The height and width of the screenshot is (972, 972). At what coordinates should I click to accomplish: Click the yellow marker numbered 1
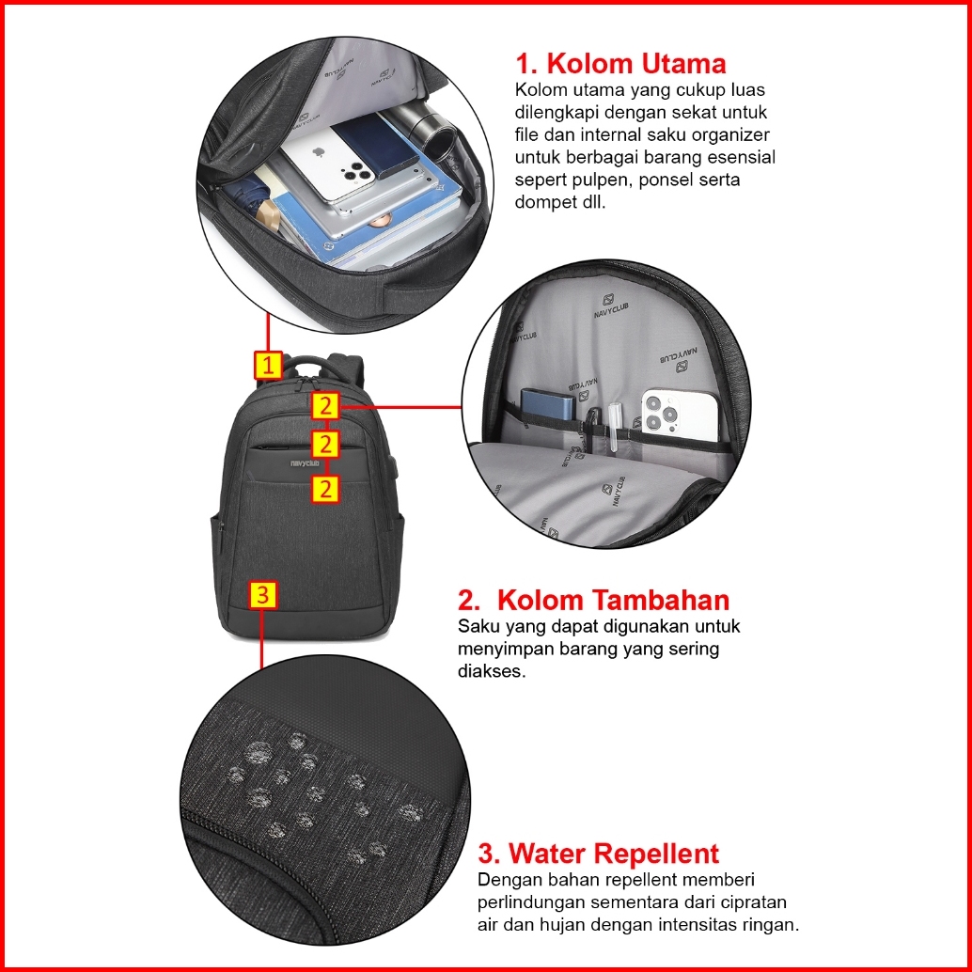[268, 365]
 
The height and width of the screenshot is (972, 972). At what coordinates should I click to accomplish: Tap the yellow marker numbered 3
[263, 594]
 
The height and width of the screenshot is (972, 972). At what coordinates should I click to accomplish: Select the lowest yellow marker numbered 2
[325, 489]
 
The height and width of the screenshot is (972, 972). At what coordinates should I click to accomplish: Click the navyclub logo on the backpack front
[305, 463]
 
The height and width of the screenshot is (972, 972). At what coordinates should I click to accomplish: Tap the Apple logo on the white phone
[319, 152]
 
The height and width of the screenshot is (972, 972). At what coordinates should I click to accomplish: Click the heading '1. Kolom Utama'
[620, 63]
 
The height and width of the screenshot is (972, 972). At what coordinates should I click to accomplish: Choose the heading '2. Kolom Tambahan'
[593, 600]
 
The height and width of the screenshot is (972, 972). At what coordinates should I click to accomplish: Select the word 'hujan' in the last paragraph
[557, 926]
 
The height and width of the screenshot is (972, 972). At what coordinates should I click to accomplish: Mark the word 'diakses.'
[492, 671]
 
